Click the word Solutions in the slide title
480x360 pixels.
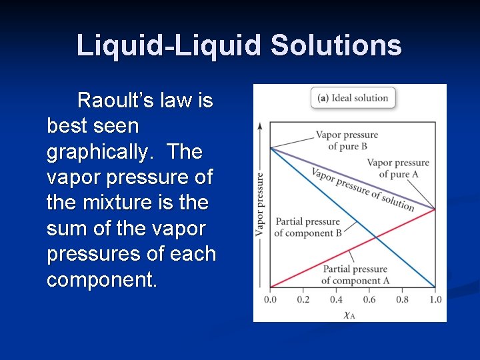[x=336, y=45]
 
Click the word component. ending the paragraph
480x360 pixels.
[x=102, y=279]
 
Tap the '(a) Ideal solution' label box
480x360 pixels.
[x=353, y=98]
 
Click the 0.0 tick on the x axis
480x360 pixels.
[x=270, y=299]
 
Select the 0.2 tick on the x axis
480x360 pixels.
[x=303, y=299]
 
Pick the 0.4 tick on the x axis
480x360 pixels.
[x=336, y=299]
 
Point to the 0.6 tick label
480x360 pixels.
[x=369, y=299]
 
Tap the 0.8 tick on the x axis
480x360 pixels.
[x=402, y=299]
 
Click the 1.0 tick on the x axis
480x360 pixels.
[x=435, y=299]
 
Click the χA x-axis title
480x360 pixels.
[x=349, y=314]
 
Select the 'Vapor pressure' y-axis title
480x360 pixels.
[x=259, y=204]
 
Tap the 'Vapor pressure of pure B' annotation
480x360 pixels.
[x=347, y=141]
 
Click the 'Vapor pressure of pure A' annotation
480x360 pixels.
[x=398, y=168]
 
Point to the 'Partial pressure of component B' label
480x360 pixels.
[x=308, y=227]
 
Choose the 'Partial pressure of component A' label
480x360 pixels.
[x=355, y=275]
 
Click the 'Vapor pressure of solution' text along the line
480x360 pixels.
[x=363, y=189]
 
